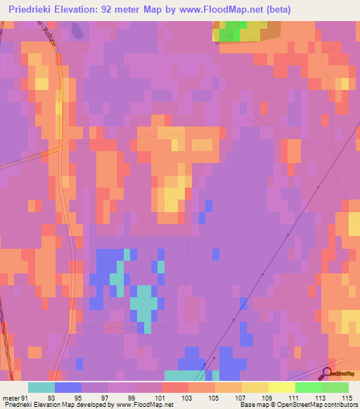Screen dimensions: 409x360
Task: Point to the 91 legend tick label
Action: pos(26,398)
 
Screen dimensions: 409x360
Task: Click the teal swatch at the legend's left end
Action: pos(41,387)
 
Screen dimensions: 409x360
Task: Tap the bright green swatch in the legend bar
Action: pos(309,387)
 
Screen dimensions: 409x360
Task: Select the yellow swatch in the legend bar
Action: pos(255,387)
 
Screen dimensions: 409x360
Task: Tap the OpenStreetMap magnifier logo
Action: pos(327,375)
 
